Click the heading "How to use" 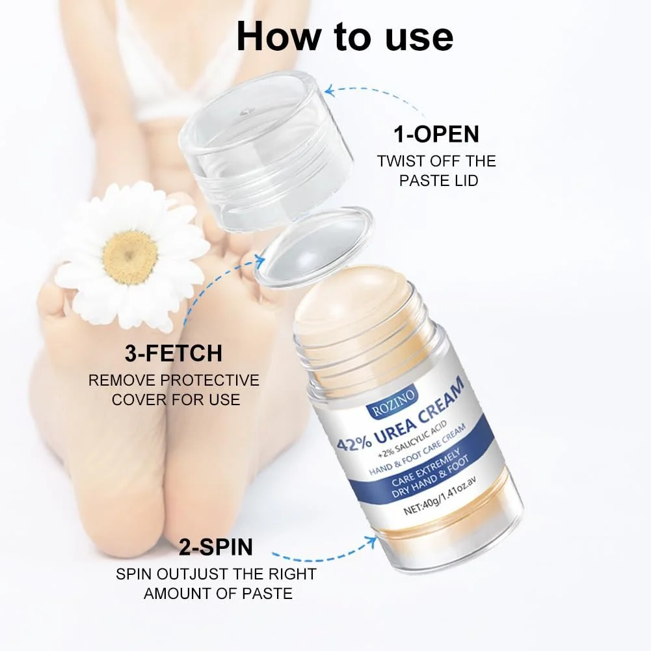click(x=345, y=37)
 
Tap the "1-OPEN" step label click(x=436, y=134)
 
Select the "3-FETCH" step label click(x=174, y=353)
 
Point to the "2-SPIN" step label click(x=216, y=547)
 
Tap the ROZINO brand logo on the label click(x=392, y=405)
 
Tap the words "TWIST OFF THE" click(x=436, y=161)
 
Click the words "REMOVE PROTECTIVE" click(x=174, y=380)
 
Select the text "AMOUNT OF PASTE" click(x=218, y=594)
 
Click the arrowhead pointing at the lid click(x=330, y=91)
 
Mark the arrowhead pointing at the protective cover click(x=259, y=261)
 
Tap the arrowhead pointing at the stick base click(x=370, y=540)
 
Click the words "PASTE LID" click(x=438, y=181)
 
